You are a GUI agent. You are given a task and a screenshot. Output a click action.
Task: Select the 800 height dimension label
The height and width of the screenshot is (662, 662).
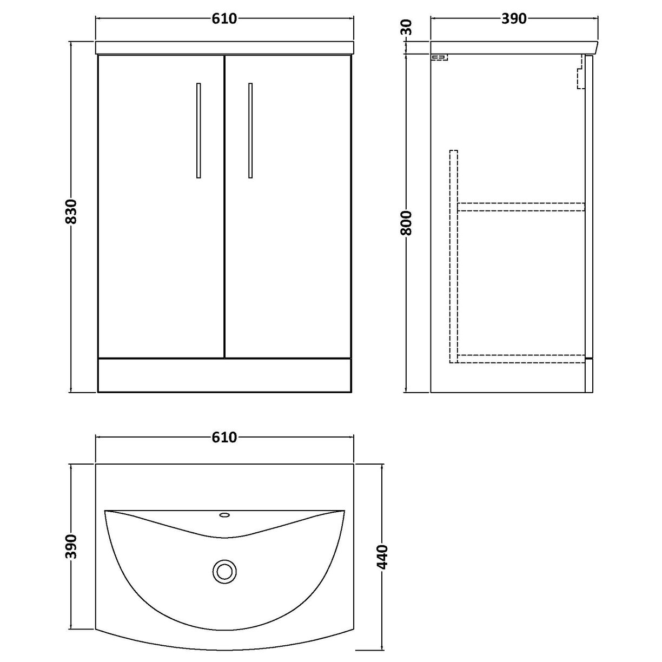[407, 222]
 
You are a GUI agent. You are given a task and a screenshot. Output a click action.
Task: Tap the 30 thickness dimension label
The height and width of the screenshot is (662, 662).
[407, 27]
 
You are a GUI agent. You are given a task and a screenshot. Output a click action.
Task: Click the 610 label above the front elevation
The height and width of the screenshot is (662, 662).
[224, 19]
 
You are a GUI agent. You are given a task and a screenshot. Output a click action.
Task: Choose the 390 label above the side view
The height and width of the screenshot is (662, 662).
[514, 19]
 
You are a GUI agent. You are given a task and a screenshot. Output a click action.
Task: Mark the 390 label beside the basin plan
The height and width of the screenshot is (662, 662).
[72, 546]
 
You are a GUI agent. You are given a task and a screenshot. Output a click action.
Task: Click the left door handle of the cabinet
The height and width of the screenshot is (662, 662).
[198, 130]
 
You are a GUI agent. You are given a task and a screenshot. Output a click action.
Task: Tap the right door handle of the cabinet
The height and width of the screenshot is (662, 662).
[250, 130]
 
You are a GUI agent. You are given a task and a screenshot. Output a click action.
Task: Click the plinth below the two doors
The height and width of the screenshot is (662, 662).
[224, 375]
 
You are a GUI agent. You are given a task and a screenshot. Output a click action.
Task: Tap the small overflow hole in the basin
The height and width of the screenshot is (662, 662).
[224, 515]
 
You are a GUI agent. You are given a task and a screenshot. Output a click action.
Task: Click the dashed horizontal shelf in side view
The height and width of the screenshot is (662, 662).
[521, 206]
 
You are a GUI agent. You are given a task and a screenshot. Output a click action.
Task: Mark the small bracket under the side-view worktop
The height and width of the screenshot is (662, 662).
[439, 57]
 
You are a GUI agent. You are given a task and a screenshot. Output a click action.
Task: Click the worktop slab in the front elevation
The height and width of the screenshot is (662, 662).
[224, 48]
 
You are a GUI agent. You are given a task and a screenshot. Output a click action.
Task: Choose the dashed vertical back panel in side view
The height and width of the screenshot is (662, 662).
[453, 254]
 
